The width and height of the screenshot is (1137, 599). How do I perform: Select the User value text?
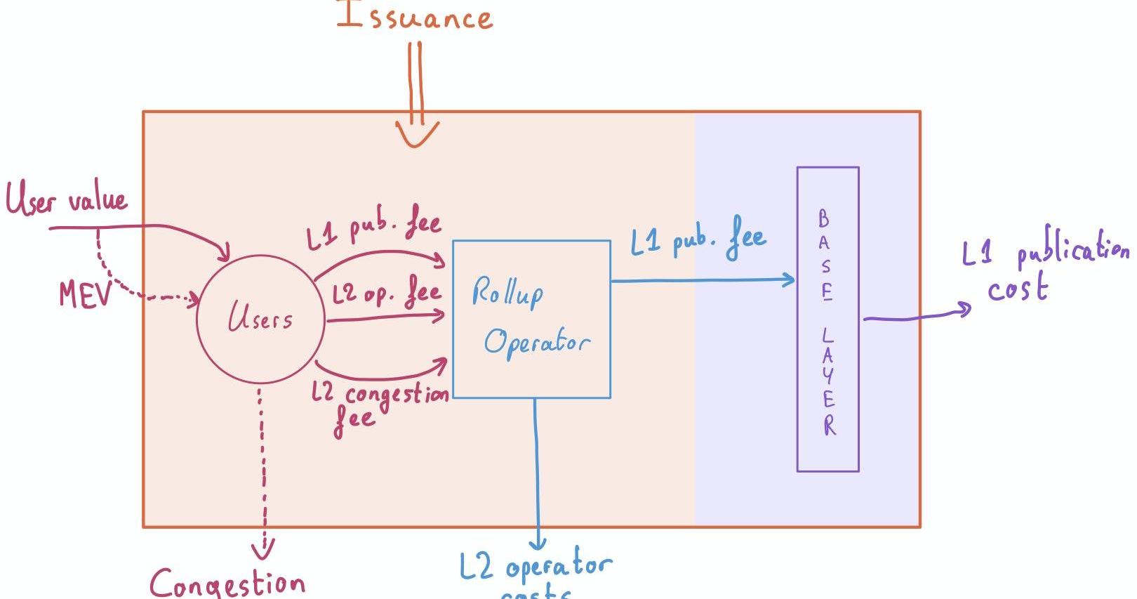(67, 199)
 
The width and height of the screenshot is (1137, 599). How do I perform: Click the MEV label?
(85, 295)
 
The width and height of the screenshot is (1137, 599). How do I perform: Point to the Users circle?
(260, 320)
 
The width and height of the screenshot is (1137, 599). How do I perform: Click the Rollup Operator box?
(531, 320)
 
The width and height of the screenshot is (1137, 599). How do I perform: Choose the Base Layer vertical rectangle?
(827, 320)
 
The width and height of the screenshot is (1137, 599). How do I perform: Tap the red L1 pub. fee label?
(373, 229)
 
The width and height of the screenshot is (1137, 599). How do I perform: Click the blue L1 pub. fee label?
(698, 239)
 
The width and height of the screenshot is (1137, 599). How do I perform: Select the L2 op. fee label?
(386, 293)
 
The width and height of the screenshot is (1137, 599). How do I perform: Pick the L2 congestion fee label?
(379, 404)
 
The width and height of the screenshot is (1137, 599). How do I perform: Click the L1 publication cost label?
(1044, 268)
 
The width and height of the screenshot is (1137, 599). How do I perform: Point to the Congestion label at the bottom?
(227, 584)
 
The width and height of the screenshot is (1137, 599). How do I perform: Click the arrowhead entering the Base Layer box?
(790, 280)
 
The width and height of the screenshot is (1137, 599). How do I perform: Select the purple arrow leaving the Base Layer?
(916, 317)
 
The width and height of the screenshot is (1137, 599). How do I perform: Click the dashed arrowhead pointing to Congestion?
(264, 547)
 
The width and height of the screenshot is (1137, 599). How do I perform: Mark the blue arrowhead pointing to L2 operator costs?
(538, 544)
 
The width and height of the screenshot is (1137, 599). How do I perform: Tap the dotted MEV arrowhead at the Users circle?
(192, 300)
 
